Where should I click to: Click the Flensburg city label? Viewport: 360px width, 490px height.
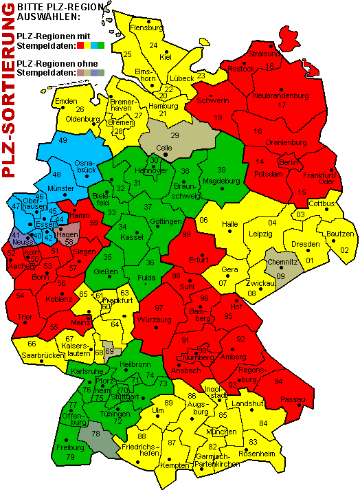146,27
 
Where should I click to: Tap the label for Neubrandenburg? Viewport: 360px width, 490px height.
281,96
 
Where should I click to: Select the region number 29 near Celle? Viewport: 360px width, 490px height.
175,135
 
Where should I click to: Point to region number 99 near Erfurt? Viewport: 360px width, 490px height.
186,234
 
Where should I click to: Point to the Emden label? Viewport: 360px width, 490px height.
65,101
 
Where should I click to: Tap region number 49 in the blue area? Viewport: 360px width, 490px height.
63,140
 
